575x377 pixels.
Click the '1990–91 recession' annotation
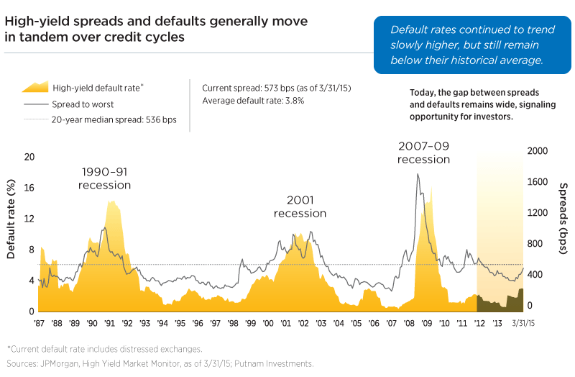(106, 179)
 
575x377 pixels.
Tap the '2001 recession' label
(300, 207)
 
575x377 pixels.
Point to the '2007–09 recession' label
(423, 153)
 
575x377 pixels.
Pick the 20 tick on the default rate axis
(29, 157)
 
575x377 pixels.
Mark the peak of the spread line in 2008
(418, 174)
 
